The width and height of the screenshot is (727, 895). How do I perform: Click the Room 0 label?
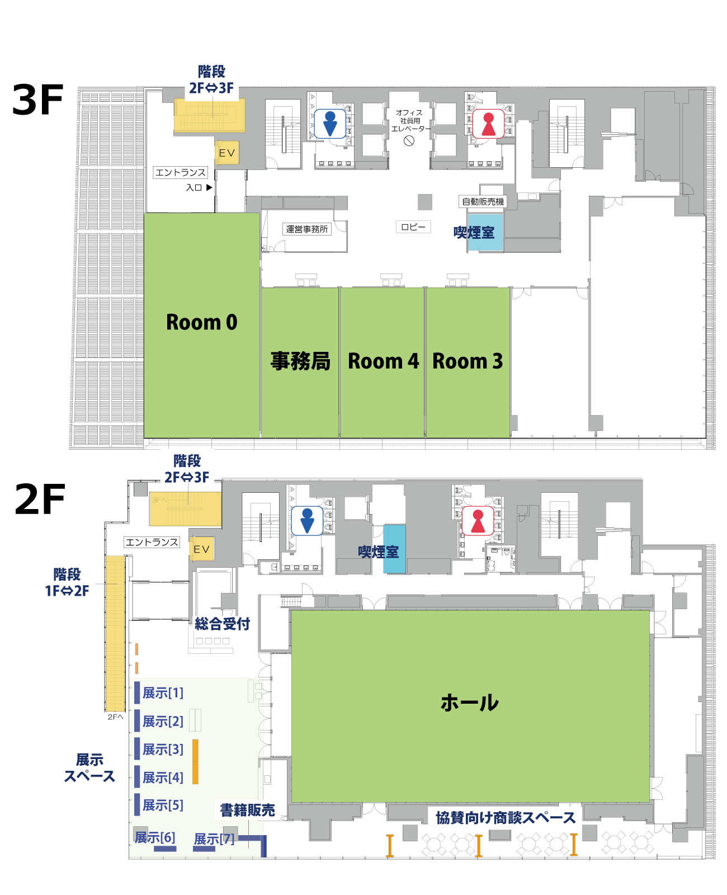click(201, 322)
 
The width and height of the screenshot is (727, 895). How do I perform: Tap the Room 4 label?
click(383, 361)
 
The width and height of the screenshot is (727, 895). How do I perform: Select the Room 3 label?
click(468, 361)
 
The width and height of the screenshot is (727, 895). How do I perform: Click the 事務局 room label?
click(300, 361)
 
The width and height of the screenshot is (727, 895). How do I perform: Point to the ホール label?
click(469, 703)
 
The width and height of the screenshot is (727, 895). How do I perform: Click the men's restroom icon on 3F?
click(330, 124)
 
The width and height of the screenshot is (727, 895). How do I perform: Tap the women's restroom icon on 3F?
click(488, 124)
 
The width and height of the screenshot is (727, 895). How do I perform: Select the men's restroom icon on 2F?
click(307, 520)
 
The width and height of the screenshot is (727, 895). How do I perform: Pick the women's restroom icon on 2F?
click(478, 520)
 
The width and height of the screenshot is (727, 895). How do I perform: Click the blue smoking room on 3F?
click(485, 232)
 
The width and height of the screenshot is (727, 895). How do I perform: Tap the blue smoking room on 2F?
click(394, 549)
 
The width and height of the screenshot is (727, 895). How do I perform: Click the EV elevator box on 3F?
click(227, 153)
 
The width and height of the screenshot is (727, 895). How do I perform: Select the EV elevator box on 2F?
click(201, 548)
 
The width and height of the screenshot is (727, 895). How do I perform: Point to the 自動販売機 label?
click(483, 202)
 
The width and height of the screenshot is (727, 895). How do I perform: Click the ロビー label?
click(413, 227)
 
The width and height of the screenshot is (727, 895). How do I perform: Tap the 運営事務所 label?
click(306, 229)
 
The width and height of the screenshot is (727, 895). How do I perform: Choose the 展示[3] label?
click(163, 749)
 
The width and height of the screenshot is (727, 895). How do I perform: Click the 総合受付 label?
click(222, 624)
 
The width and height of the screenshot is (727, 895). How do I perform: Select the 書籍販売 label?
click(247, 810)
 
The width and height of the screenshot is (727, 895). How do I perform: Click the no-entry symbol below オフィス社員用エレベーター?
click(409, 141)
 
